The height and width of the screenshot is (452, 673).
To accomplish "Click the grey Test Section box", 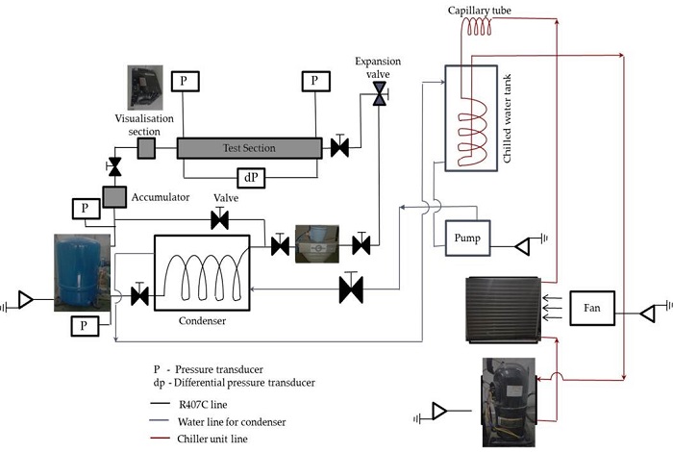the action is (x=249, y=148).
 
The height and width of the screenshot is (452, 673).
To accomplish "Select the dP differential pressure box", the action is (x=251, y=178).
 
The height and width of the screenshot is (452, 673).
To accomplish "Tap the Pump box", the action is (x=467, y=239).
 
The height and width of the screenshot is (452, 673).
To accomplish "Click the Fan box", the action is (x=592, y=308).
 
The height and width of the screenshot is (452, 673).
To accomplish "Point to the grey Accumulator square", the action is (x=114, y=197).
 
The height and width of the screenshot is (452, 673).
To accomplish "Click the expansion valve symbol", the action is (x=380, y=93).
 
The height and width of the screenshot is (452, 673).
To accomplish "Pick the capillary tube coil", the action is (x=477, y=28).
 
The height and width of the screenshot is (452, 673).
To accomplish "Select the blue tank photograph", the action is (x=82, y=272).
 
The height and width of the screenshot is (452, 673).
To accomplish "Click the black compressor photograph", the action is (x=509, y=402).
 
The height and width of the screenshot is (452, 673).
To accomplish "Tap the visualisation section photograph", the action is (x=145, y=88).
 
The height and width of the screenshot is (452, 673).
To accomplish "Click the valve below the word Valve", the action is (x=220, y=219).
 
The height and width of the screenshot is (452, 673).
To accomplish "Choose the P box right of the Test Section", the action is (x=316, y=81).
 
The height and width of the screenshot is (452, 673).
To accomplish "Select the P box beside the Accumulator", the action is (x=87, y=209).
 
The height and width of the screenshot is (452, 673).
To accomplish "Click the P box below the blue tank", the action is (x=85, y=326).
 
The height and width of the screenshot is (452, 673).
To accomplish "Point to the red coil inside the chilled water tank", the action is (x=472, y=132).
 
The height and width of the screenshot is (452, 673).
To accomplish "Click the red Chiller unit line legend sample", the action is (x=161, y=439).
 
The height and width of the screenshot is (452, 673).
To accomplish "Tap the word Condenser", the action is (x=202, y=320).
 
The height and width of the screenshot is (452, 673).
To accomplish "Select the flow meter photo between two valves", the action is (x=317, y=244).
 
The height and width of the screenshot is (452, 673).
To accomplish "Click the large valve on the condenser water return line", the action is (x=351, y=288).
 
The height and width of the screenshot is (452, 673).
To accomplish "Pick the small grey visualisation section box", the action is (x=146, y=148).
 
